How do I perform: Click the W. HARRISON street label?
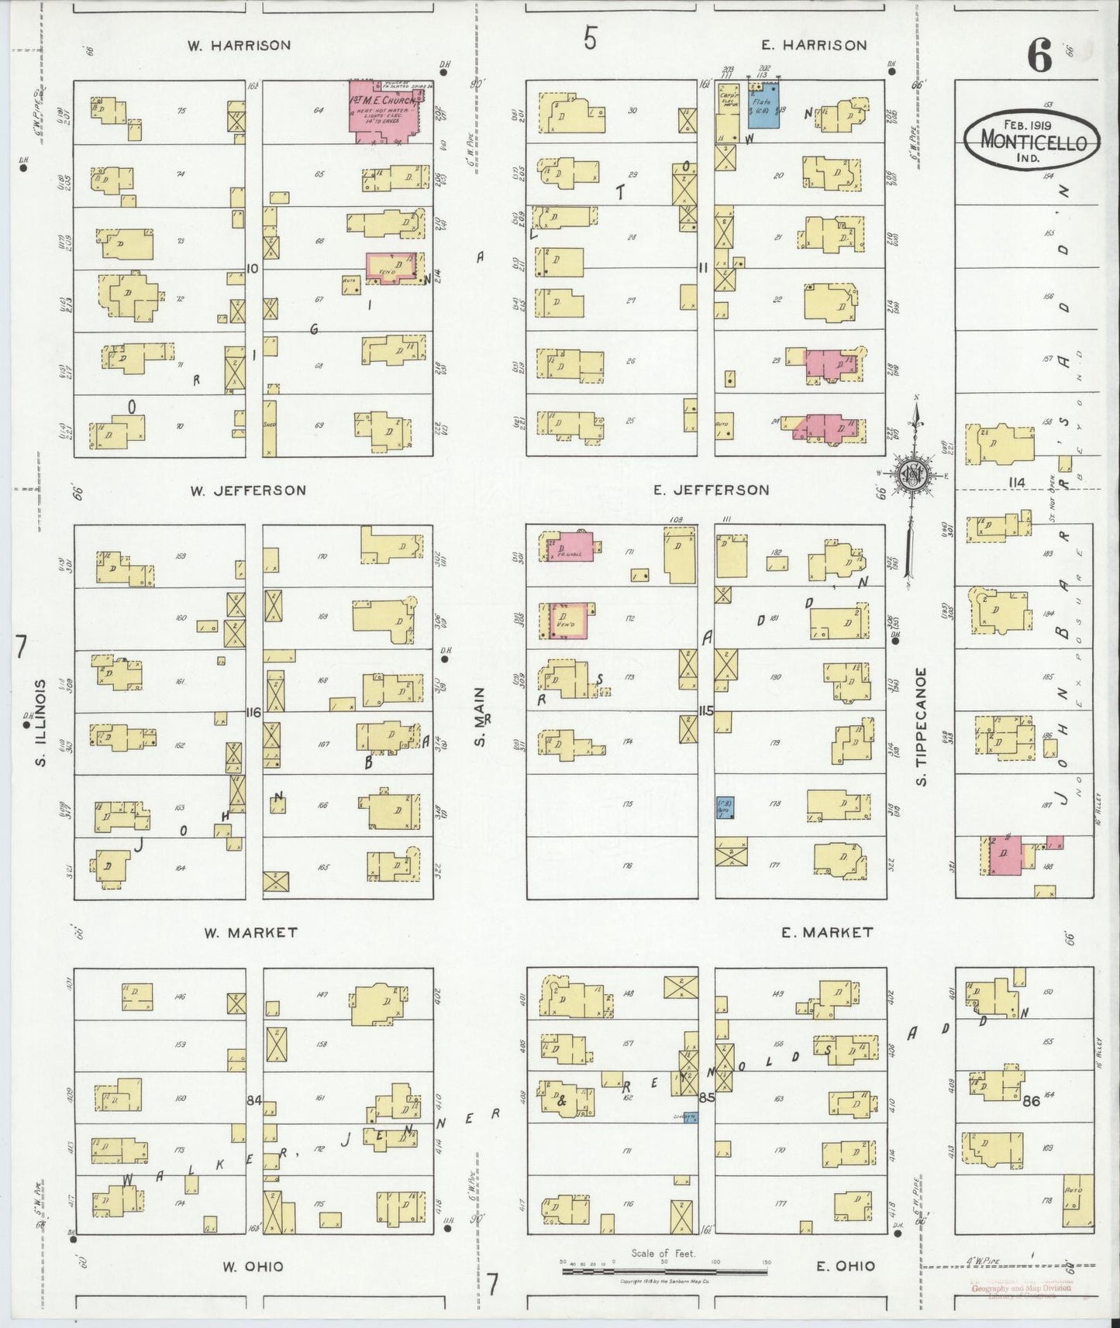[x=240, y=45]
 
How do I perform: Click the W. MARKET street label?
[x=250, y=933]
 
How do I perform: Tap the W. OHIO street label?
[x=253, y=1267]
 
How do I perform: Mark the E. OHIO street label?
[x=845, y=1266]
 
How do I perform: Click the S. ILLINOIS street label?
[x=40, y=724]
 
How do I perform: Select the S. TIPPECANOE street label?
[x=922, y=726]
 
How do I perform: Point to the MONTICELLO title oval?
[x=1032, y=142]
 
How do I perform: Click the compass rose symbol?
[x=914, y=474]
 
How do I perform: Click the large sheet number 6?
[x=1039, y=56]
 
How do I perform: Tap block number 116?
[x=253, y=712]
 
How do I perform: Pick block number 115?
[x=705, y=710]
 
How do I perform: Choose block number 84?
[x=253, y=1099]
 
